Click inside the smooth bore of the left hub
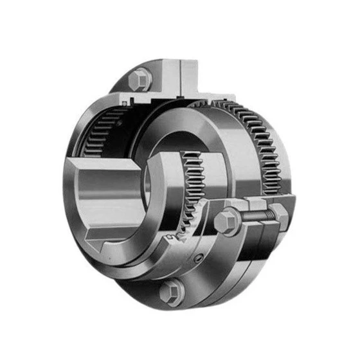coord(109,193)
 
